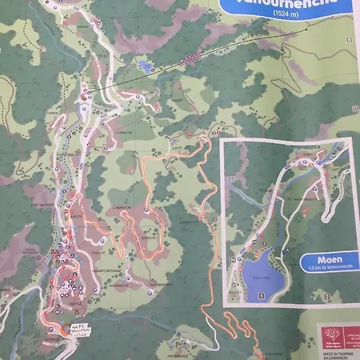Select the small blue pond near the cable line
144,66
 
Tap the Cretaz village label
74,303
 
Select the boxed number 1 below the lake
262,297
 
